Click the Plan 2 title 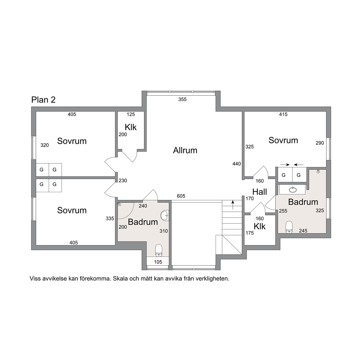pos(43,100)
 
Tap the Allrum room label pos(185,150)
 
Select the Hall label pos(260,192)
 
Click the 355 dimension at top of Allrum pos(182,99)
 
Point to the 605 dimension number pos(181,196)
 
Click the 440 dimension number pos(237,164)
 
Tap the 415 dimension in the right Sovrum pos(283,114)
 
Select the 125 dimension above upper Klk pos(131,114)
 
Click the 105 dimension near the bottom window pos(158,262)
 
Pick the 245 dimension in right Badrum pos(303,231)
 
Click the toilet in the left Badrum pos(159,250)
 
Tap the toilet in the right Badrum pos(289,227)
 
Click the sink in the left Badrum pos(165,216)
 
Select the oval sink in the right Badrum pos(293,190)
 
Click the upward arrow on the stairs pos(233,205)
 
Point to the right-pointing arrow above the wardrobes pos(285,165)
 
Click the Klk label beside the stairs pos(260,227)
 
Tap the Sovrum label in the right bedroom pos(283,140)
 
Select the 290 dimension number pos(320,143)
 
